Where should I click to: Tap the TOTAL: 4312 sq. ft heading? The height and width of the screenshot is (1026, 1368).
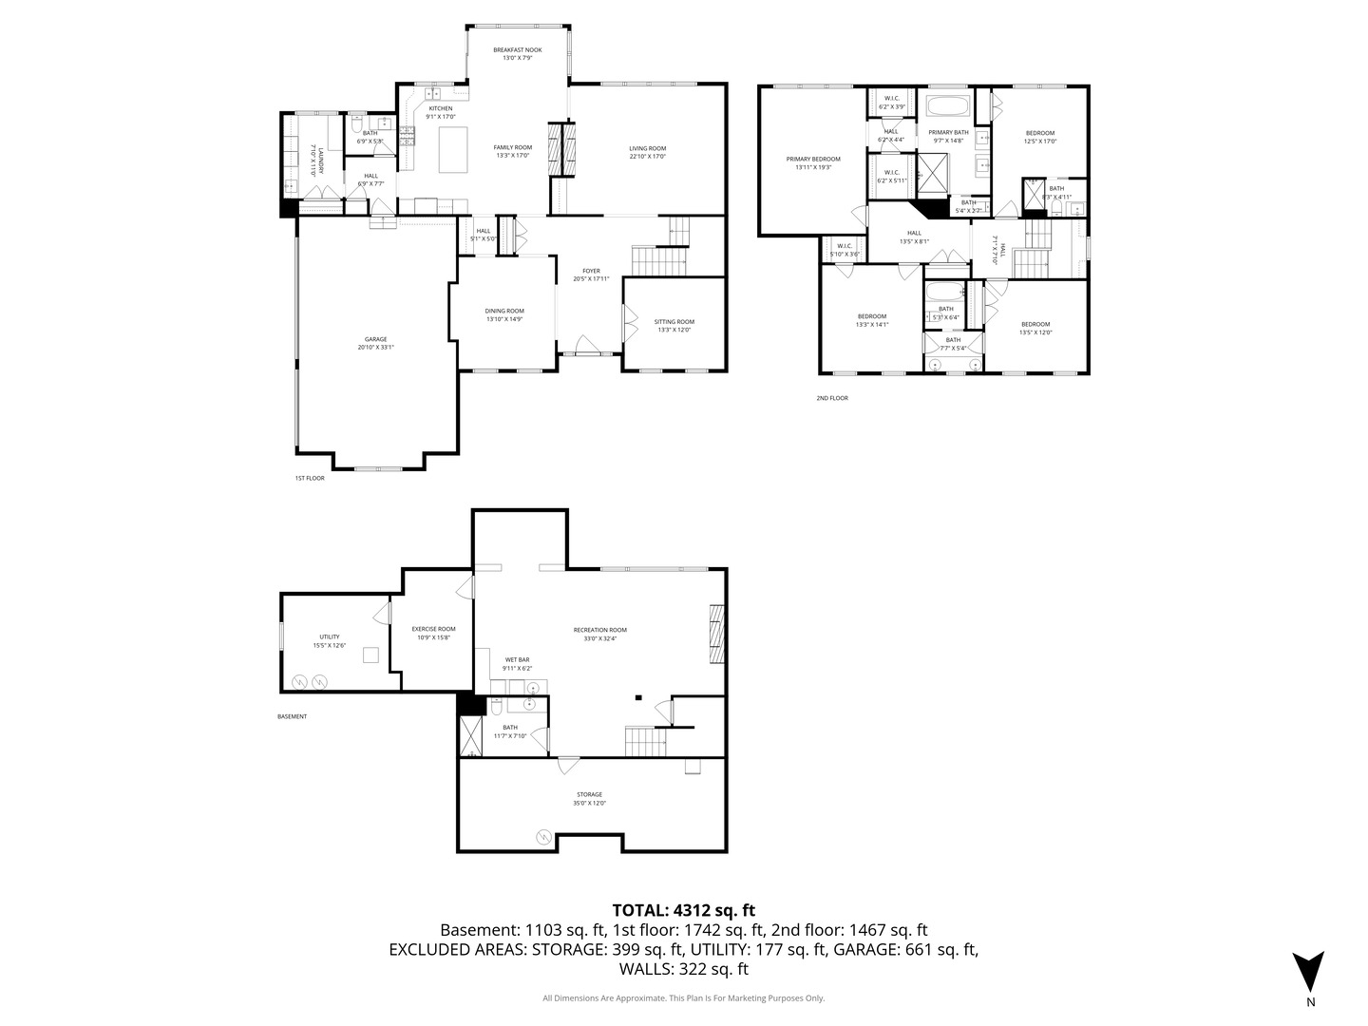(683, 910)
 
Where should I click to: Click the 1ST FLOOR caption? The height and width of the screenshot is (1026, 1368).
(310, 478)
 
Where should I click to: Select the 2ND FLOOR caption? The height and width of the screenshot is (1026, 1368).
(831, 398)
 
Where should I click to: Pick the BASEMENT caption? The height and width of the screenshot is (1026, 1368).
(292, 716)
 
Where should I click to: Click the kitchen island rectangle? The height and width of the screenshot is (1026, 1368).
(453, 149)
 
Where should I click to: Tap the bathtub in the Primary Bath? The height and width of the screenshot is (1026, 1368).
(947, 104)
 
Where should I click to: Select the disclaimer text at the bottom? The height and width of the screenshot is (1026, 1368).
(683, 998)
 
